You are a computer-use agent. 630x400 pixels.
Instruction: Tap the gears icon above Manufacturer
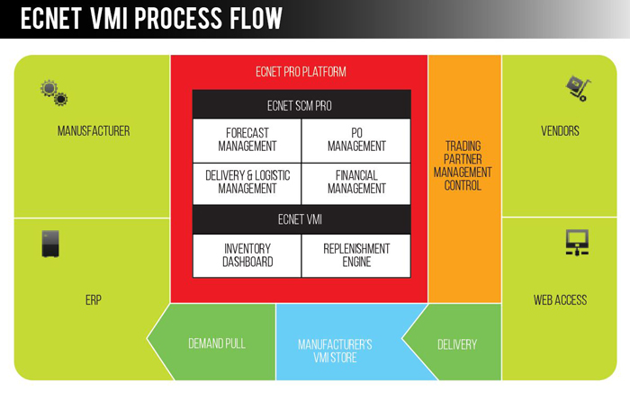[54, 92]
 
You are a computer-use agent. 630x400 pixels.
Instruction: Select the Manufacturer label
[94, 131]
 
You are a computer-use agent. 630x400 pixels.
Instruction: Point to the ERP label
[93, 300]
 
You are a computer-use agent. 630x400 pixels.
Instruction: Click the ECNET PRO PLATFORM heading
[301, 72]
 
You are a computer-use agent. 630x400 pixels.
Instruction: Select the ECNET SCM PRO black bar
[301, 105]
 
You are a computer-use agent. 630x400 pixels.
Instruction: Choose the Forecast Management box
[247, 139]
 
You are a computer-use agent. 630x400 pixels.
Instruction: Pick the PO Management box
[356, 139]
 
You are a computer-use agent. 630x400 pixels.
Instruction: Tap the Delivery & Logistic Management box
[247, 182]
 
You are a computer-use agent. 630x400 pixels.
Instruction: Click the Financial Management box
[356, 182]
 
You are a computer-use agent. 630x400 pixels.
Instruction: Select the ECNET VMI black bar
[301, 218]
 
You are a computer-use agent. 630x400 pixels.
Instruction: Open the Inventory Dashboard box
[247, 255]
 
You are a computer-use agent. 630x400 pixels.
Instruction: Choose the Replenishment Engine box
[356, 255]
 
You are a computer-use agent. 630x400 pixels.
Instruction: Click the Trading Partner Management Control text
[463, 165]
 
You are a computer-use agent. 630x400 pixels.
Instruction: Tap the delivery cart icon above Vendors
[577, 88]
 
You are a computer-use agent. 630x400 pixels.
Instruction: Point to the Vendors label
[560, 131]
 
